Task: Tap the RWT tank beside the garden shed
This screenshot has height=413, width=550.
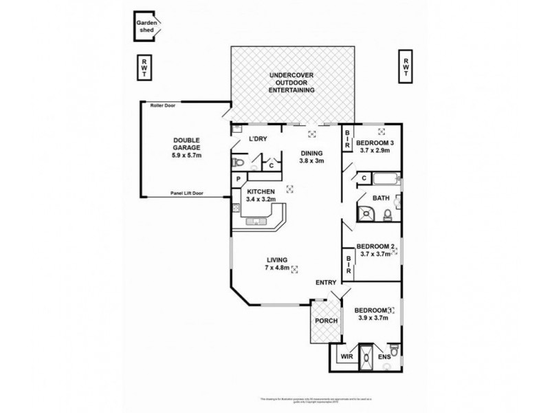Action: [144, 67]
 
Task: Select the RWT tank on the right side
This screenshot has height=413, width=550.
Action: [406, 67]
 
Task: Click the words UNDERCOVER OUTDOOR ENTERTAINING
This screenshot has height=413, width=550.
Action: [291, 82]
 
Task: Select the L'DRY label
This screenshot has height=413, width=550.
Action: [258, 140]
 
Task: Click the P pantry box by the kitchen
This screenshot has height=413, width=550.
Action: [237, 180]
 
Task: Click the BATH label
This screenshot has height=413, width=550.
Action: [381, 198]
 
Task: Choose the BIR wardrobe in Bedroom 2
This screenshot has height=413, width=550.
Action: [349, 264]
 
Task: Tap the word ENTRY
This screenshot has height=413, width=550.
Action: [325, 283]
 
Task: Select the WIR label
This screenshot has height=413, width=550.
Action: [346, 357]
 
